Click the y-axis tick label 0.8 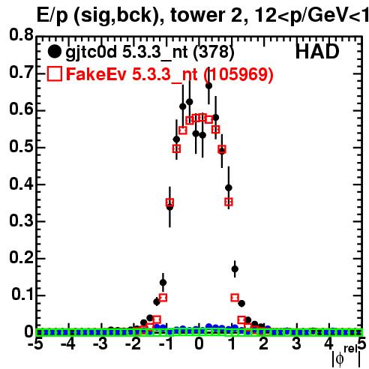(x=22, y=34)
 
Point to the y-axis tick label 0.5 (x=22, y=146)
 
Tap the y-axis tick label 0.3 (x=22, y=220)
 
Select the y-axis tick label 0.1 (x=22, y=295)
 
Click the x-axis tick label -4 (x=67, y=344)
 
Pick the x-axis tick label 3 (x=296, y=344)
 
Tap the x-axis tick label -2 (x=133, y=344)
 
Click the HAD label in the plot (x=317, y=52)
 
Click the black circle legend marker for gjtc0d (x=54, y=52)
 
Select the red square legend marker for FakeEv (x=55, y=73)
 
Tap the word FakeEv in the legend (x=96, y=74)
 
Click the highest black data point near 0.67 (x=208, y=85)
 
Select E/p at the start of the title (x=52, y=16)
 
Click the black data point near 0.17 (x=235, y=269)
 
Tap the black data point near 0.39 (x=228, y=187)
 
